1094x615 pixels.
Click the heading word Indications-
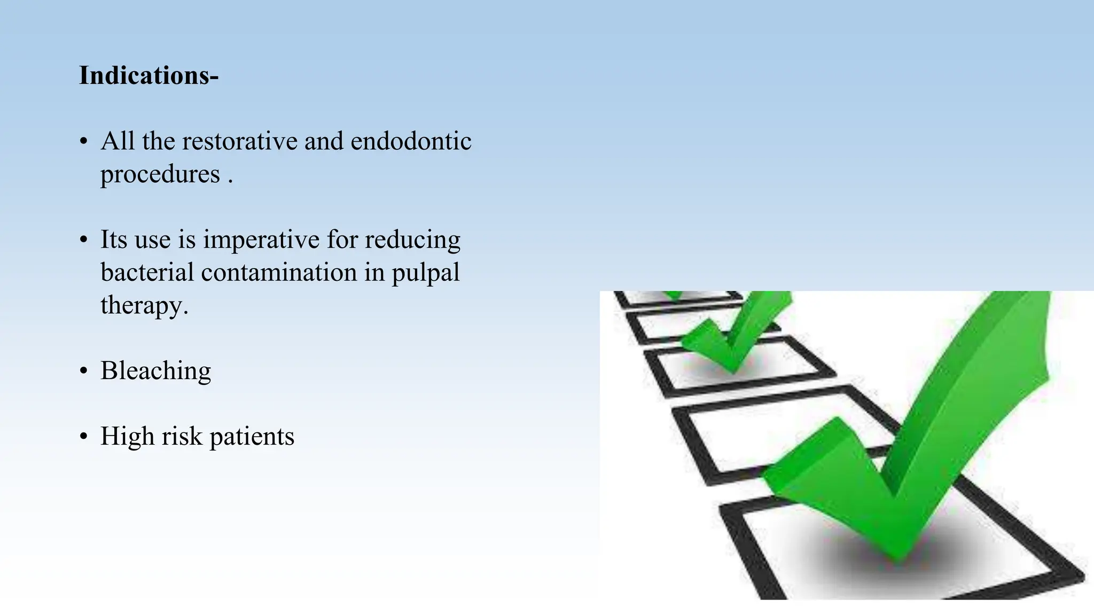point(149,75)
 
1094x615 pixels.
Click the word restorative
point(239,141)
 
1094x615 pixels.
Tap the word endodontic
point(411,141)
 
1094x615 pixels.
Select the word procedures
point(160,175)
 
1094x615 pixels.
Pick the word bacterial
point(147,273)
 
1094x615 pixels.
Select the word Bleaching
point(155,371)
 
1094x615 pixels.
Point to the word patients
point(252,437)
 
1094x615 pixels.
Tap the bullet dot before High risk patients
point(83,437)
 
